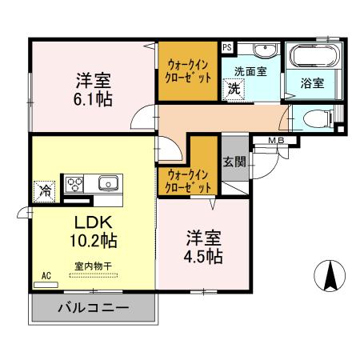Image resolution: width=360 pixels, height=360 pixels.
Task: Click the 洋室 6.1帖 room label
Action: pos(94,89)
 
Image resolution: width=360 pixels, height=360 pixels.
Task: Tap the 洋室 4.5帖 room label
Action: pos(205,247)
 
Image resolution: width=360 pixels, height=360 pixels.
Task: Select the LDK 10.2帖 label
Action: pos(93,231)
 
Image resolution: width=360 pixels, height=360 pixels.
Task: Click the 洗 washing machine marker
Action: pos(234,88)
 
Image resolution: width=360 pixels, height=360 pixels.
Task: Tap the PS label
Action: pos(227,48)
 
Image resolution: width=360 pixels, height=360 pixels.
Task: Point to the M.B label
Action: pos(276,142)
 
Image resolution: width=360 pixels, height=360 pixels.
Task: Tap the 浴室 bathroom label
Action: pos(312,82)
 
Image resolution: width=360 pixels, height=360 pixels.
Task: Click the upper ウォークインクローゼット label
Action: pos(189,71)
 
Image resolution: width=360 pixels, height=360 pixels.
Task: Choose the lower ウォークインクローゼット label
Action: pos(189,180)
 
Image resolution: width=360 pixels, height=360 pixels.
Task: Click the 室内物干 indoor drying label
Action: pos(93,268)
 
